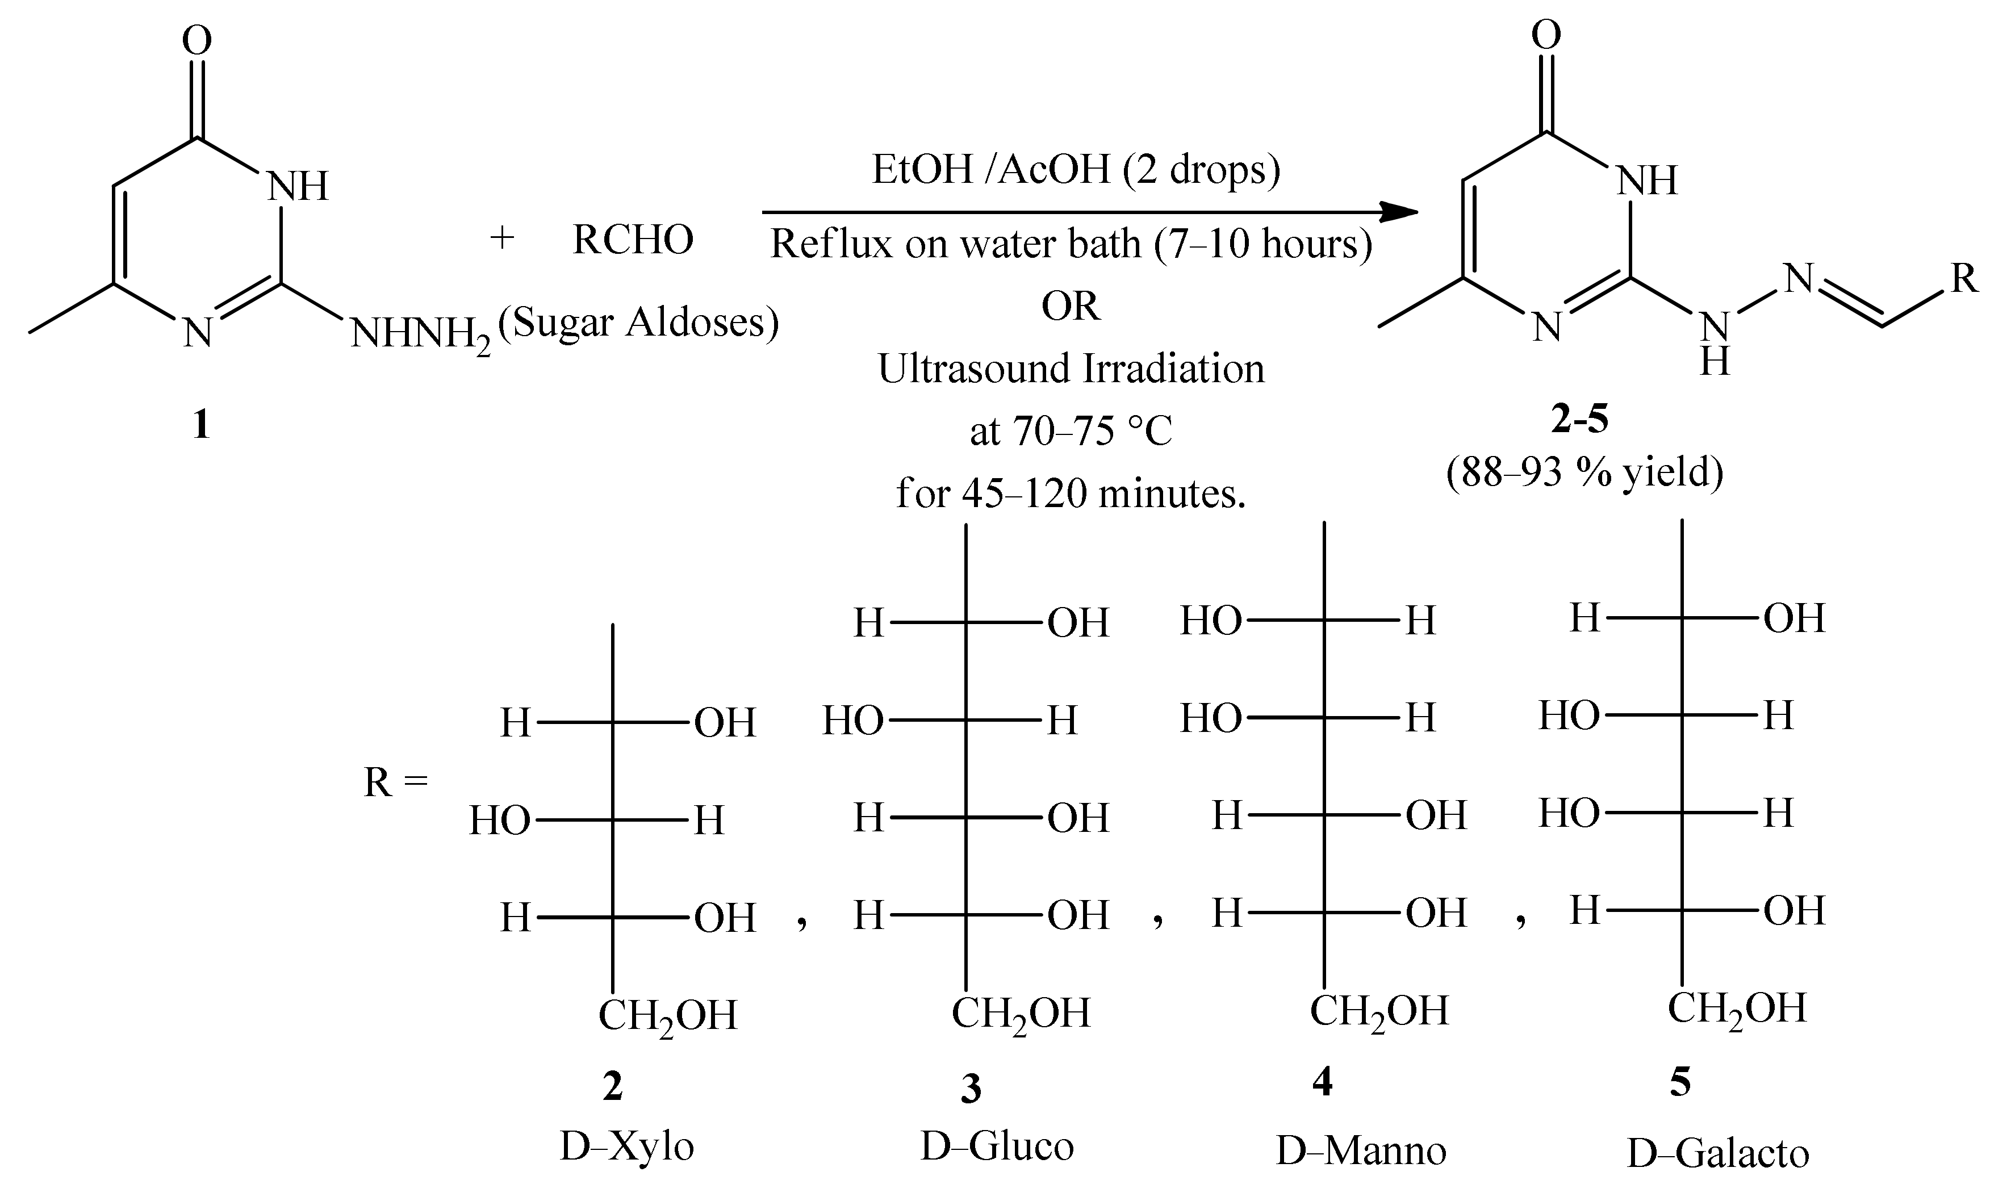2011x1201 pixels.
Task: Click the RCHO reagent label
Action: (633, 240)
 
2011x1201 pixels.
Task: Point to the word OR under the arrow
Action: (1070, 307)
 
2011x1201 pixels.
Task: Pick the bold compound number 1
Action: (200, 424)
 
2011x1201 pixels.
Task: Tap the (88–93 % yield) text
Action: (1584, 471)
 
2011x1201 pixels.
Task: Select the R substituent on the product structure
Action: (1964, 279)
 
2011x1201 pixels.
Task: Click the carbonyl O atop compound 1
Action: (196, 40)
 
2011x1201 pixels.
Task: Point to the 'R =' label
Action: (395, 782)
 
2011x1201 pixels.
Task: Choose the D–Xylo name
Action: (626, 1147)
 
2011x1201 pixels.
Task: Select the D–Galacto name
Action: (1717, 1154)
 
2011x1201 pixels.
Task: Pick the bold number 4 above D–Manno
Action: (1322, 1081)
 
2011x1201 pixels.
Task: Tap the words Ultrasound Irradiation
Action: (1071, 369)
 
